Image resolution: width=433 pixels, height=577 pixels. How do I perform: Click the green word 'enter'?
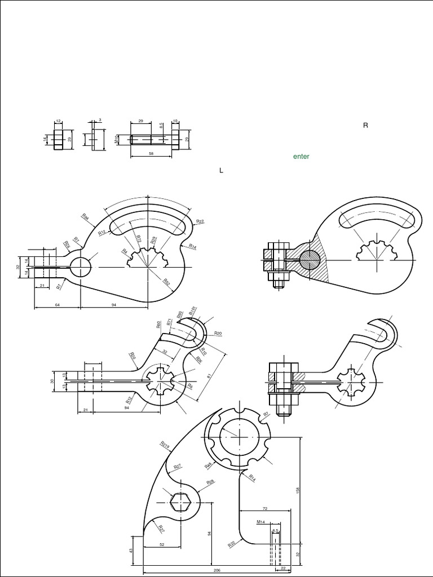[301, 157]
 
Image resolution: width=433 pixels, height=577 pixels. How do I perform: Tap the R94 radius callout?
[85, 216]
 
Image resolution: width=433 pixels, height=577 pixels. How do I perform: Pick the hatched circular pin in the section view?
[310, 259]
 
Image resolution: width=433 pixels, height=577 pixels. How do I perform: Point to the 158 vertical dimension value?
[298, 490]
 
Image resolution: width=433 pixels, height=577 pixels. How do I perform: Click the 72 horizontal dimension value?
[264, 508]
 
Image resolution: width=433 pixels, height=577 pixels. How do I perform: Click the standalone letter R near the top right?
[365, 125]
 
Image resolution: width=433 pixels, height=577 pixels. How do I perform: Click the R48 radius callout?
[208, 465]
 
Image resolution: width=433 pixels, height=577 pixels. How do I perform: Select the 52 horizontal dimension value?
[162, 544]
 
